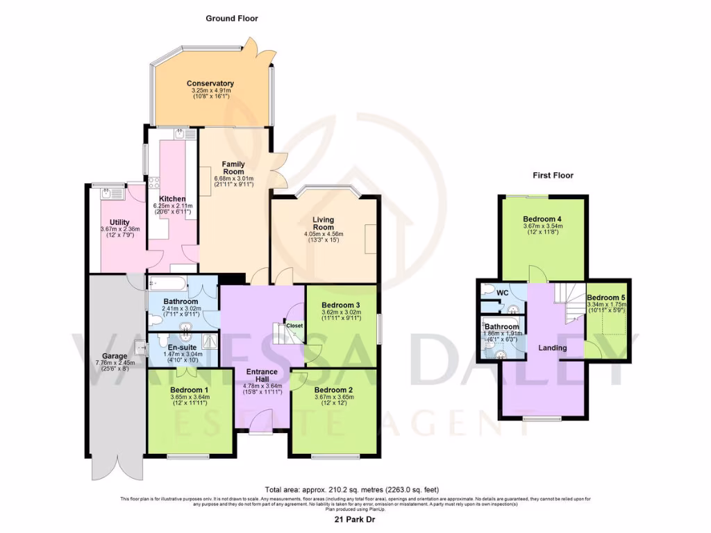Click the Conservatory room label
pos(210,84)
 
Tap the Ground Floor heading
pos(231,19)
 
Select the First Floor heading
pos(553,176)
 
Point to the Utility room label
pos(119,222)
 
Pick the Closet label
pos(294,325)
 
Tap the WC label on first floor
pos(502,292)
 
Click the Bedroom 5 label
pos(607,296)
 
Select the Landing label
pos(553,348)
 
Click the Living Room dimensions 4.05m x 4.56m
pos(324,235)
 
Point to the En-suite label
pos(181,346)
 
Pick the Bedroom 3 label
pos(340,305)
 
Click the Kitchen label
pos(172,198)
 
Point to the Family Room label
pos(233,168)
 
